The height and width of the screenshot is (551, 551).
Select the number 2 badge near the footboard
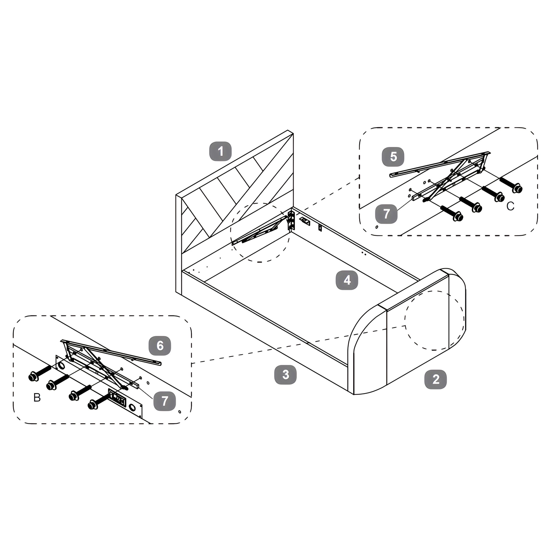coord(435,379)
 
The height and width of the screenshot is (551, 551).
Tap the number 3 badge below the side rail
coord(286,375)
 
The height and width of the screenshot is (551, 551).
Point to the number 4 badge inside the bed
coord(347,280)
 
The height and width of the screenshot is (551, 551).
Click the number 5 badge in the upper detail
coord(393,157)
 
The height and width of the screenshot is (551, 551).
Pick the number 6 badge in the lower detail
coord(160,346)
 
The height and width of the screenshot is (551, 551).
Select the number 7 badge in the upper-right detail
coord(386,214)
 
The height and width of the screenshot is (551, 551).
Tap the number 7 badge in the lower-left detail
coord(164,401)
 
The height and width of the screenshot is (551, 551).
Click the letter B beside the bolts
coord(37,398)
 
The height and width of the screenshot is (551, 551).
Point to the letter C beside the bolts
coord(510,206)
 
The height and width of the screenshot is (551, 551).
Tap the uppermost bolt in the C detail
coord(511,185)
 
